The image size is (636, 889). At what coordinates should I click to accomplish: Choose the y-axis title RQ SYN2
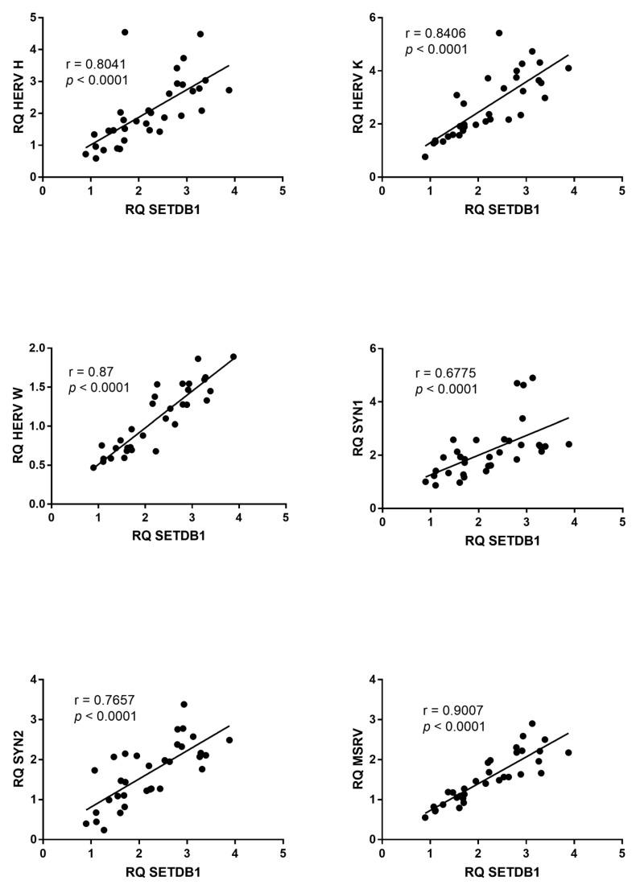pos(14,759)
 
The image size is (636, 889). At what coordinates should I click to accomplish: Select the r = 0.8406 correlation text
pos(436,33)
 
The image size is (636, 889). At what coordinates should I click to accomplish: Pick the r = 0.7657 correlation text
pos(105,700)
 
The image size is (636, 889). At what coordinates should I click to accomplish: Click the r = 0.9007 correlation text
pos(454,710)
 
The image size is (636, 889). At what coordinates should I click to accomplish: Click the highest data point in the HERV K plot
pos(499,33)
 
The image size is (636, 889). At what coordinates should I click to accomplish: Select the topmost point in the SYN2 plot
pos(184,704)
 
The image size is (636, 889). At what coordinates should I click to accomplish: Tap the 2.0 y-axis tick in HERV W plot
pos(35,348)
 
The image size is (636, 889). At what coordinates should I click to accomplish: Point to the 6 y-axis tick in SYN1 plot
pos(372,348)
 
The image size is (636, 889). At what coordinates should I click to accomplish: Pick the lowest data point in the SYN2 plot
pos(104,829)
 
